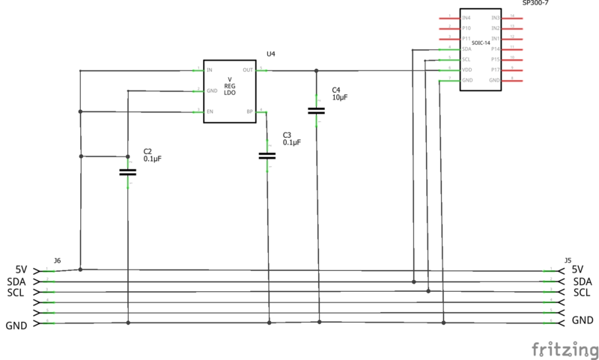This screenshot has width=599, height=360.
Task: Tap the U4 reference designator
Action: coord(271,55)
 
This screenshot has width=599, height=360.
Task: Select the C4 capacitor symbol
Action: coord(317,111)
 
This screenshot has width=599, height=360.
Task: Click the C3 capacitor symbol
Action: coord(267,156)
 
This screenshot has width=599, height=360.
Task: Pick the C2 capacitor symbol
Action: coord(128,172)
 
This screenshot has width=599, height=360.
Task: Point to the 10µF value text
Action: coord(339,98)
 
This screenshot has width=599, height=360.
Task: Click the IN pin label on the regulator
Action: coord(210,70)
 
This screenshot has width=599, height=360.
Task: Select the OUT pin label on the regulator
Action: coord(248,70)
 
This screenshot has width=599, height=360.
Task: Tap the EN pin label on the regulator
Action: coord(210,112)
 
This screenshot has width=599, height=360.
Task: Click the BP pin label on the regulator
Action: coord(249,112)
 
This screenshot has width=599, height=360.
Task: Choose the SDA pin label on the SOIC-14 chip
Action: coord(466,49)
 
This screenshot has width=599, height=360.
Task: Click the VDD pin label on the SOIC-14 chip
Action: coord(466,70)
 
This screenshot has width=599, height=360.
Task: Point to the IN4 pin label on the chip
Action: coord(466,17)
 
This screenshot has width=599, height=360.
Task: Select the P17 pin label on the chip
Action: coord(495,70)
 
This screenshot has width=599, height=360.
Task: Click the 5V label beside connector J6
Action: coord(21,269)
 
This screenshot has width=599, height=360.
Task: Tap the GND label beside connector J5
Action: coord(583,320)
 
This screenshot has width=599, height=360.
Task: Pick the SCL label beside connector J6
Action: coord(16,293)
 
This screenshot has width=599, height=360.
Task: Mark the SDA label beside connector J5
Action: coord(583,281)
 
